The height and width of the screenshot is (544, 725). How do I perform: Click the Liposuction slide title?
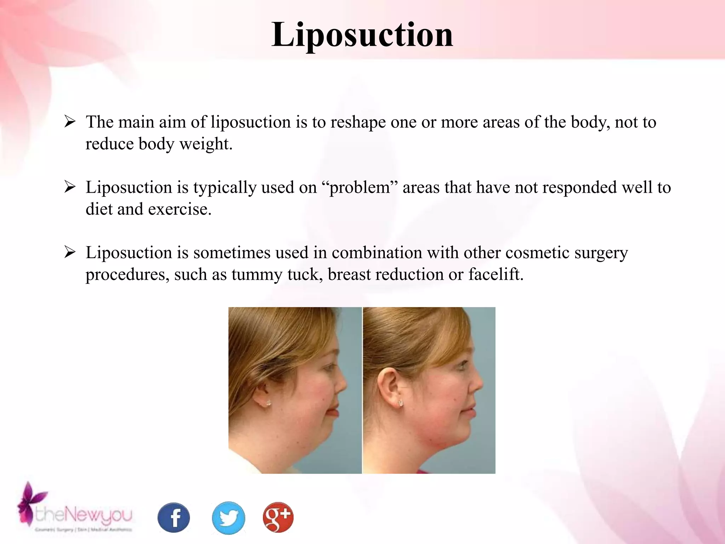[x=362, y=35]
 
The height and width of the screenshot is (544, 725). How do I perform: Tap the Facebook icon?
[x=173, y=517]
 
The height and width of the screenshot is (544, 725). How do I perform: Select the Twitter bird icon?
[x=228, y=517]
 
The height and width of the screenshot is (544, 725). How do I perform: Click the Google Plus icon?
[x=278, y=517]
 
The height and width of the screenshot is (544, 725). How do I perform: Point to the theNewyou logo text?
[x=84, y=515]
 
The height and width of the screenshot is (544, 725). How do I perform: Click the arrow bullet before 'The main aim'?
[x=70, y=122]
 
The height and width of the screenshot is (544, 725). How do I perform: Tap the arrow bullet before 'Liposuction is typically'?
[x=70, y=187]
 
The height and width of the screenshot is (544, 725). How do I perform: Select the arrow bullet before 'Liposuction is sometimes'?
[x=70, y=253]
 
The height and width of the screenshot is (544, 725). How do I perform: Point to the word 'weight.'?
[x=206, y=144]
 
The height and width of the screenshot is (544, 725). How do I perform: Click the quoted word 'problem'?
[x=360, y=187]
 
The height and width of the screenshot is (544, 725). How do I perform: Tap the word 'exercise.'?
[x=179, y=209]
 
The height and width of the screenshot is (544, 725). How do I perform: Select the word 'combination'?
[x=377, y=253]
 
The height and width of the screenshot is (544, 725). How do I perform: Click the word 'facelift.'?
[x=496, y=274]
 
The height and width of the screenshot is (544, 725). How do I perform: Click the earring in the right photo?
[x=401, y=403]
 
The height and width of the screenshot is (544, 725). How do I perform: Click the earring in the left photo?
[x=268, y=403]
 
